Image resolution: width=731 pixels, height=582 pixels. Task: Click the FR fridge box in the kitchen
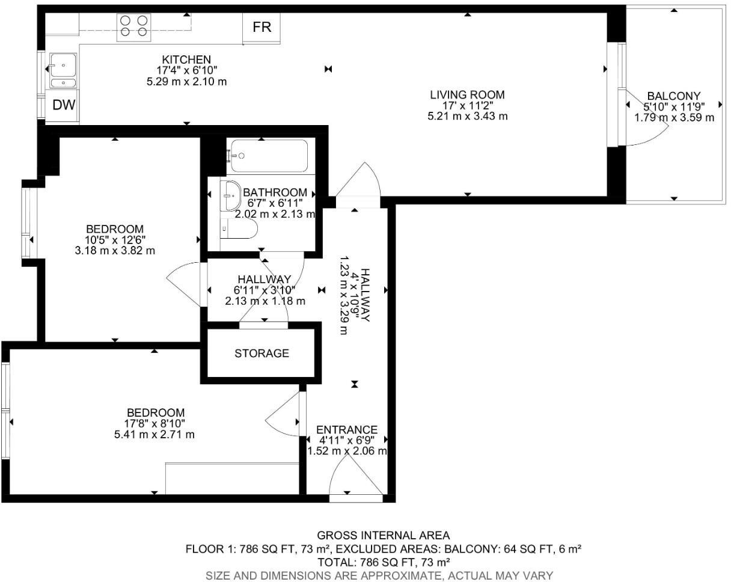pos(262,28)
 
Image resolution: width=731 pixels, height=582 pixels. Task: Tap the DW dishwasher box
pos(64,105)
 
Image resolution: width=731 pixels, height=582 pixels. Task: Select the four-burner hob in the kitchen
pos(134,27)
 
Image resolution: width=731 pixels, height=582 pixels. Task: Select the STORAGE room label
pos(262,354)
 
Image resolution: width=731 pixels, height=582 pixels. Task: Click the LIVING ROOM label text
pos(467,94)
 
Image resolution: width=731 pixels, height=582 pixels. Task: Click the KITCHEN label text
pos(186,60)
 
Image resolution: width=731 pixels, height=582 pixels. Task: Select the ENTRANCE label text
pos(347,430)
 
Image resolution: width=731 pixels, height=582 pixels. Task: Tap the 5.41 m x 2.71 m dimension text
pos(154,435)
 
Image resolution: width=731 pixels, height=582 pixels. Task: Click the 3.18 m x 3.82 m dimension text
pos(115,251)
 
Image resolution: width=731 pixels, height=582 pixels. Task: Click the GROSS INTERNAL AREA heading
pos(383,535)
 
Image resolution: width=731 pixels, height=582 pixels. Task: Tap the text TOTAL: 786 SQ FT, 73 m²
pos(383,562)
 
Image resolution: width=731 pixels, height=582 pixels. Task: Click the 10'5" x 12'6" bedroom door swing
pos(185,285)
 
